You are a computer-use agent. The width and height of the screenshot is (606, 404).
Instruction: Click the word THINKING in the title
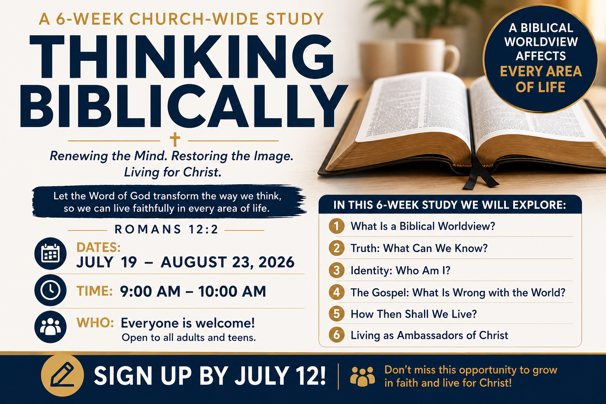click(181, 56)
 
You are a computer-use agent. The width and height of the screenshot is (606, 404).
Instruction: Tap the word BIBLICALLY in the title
click(184, 106)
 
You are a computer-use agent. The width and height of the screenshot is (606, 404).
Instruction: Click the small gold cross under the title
click(175, 140)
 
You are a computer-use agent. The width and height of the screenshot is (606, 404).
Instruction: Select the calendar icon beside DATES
click(50, 254)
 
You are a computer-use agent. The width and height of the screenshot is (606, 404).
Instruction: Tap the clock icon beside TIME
click(50, 290)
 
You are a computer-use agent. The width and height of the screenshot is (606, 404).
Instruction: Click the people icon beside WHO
click(50, 327)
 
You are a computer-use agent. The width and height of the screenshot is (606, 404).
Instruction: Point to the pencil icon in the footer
click(62, 375)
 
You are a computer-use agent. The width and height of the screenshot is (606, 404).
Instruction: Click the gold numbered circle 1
click(337, 226)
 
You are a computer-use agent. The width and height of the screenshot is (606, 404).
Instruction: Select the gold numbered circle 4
click(337, 292)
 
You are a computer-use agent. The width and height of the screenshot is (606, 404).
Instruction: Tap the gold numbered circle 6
click(337, 335)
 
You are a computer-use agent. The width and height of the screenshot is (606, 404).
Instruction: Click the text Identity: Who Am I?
click(400, 270)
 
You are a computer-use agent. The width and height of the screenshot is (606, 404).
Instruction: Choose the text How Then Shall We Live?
click(413, 314)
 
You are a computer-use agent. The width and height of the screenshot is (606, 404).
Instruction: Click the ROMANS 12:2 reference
click(166, 230)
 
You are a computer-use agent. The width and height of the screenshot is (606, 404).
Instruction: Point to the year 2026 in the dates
click(276, 262)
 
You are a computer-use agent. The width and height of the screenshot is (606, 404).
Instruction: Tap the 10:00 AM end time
click(232, 292)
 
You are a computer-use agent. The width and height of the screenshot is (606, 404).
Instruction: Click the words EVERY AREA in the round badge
click(541, 71)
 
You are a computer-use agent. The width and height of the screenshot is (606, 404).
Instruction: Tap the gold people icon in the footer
click(363, 376)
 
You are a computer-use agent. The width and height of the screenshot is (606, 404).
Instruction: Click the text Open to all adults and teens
click(189, 338)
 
